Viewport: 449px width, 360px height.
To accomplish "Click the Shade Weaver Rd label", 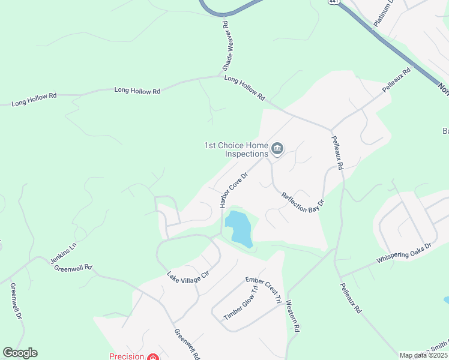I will point(226,46).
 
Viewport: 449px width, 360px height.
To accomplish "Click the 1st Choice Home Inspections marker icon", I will point(277,148).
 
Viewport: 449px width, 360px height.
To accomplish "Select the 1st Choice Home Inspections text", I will point(235,149).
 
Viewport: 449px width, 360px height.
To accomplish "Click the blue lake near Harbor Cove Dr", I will point(239,229).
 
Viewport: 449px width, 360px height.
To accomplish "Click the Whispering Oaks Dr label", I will point(404,253).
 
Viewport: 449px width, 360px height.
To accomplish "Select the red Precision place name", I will point(127,356).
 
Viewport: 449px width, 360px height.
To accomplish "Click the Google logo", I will point(20,353).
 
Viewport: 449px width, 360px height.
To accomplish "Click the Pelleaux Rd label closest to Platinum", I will point(397,80).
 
